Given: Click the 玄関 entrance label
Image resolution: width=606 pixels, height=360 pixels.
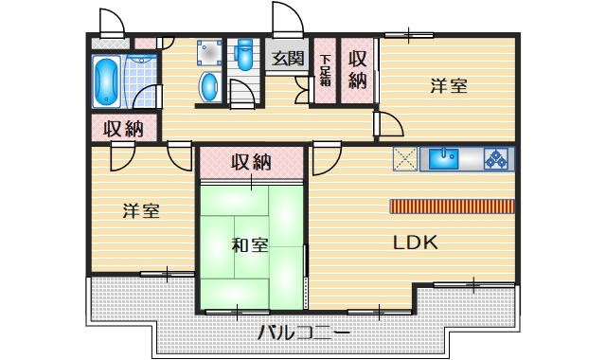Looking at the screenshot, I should (288, 59).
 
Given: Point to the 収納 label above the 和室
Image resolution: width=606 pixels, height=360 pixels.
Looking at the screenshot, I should (251, 162).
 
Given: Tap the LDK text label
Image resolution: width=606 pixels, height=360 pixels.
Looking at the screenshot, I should (415, 243).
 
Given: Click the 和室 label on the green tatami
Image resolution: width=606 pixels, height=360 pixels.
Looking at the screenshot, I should (250, 245).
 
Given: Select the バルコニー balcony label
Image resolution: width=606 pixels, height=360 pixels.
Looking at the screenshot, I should (303, 333).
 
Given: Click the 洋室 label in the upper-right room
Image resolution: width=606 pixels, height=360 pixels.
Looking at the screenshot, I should (448, 86).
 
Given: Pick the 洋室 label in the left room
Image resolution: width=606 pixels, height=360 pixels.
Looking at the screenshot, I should (140, 211).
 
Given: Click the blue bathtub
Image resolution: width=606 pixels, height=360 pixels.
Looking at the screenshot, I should (105, 81).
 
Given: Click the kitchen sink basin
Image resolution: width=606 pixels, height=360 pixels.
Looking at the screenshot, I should (443, 159).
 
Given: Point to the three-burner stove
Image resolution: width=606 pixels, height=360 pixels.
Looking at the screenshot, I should (497, 159).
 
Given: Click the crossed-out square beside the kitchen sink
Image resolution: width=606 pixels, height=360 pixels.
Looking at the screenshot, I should (405, 159).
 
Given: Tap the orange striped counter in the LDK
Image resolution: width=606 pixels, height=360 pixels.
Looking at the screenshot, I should (452, 206).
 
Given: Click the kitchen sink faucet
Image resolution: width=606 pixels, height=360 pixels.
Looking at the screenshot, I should (446, 151).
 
